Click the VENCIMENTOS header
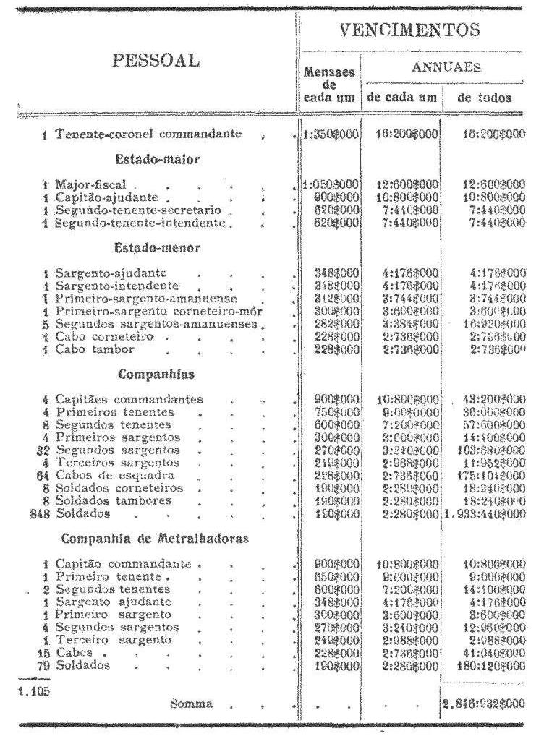410,30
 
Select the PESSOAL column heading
156,60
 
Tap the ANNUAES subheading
446,67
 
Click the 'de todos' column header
484,98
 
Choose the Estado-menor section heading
157,247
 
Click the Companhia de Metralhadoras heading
156,538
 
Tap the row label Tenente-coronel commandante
148,134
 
